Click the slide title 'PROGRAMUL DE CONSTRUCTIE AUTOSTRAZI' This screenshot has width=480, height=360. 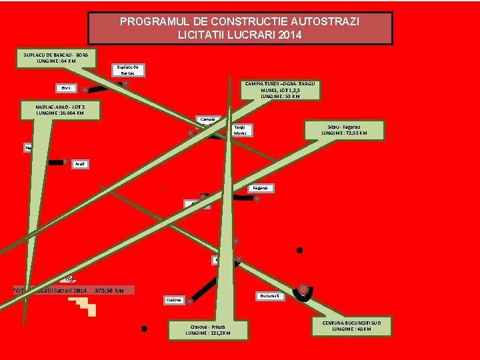pos(240,22)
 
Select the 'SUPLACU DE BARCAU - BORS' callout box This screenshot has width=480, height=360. pos(56,57)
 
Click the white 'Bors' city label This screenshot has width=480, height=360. pos(66,88)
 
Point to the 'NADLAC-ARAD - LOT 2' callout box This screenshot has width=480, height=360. pos(61,110)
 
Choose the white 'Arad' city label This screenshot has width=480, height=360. pos(80,163)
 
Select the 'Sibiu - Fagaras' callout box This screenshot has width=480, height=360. pos(343,129)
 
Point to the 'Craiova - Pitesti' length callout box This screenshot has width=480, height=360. pos(207,328)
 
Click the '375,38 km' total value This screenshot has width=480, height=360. pos(109,291)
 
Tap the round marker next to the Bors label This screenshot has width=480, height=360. pos(85,90)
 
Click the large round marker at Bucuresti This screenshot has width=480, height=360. pos(304,289)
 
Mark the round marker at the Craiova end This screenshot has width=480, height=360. pos(190,301)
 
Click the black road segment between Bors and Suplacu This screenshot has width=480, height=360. pos(103,87)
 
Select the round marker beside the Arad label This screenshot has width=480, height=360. pos(65,161)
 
